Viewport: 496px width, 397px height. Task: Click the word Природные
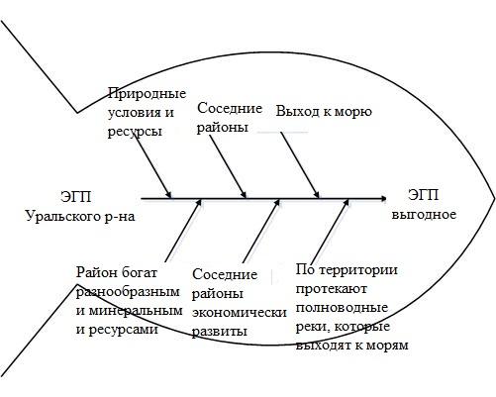[147, 95]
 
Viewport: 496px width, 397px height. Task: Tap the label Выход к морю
[324, 112]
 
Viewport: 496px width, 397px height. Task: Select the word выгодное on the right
[424, 215]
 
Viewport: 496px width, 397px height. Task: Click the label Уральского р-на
[80, 217]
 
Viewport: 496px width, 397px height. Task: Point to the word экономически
[240, 313]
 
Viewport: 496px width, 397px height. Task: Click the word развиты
[220, 331]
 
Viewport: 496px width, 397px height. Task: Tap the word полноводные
[342, 308]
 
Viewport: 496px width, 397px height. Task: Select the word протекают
[332, 289]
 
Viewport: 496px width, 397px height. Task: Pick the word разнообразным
[128, 292]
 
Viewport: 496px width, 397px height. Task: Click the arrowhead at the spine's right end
[382, 198]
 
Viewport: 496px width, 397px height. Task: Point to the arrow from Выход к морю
[300, 165]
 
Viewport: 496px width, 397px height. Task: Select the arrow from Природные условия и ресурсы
[153, 165]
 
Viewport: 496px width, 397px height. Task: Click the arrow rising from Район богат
[183, 231]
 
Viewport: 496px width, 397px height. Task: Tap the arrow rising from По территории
[330, 231]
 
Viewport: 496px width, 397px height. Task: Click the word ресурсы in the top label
[135, 132]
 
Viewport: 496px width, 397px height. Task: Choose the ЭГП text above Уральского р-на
[76, 197]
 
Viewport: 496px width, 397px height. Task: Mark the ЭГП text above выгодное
[424, 195]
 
